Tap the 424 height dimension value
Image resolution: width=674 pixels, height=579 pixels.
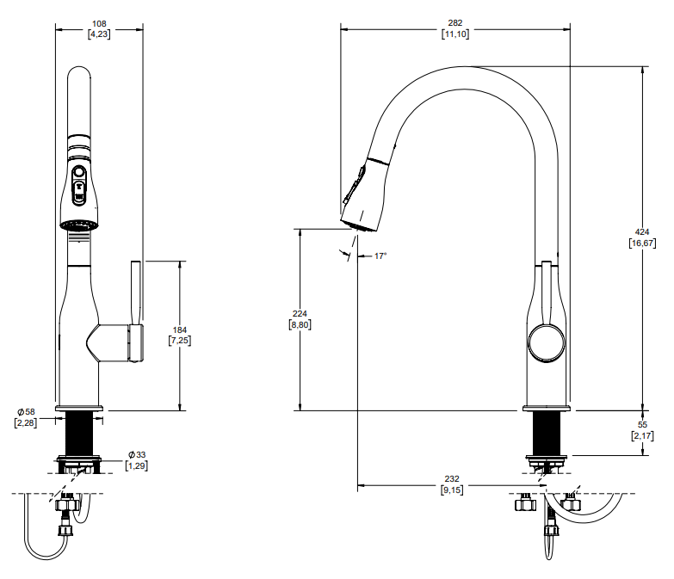click(x=642, y=232)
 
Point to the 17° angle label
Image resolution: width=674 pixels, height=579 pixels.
click(x=380, y=256)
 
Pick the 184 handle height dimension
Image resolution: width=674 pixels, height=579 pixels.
click(x=180, y=330)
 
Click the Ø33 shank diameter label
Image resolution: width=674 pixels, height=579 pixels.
click(x=136, y=454)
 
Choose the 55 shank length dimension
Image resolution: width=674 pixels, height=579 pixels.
click(x=642, y=426)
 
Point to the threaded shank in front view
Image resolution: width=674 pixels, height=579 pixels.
click(x=80, y=434)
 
